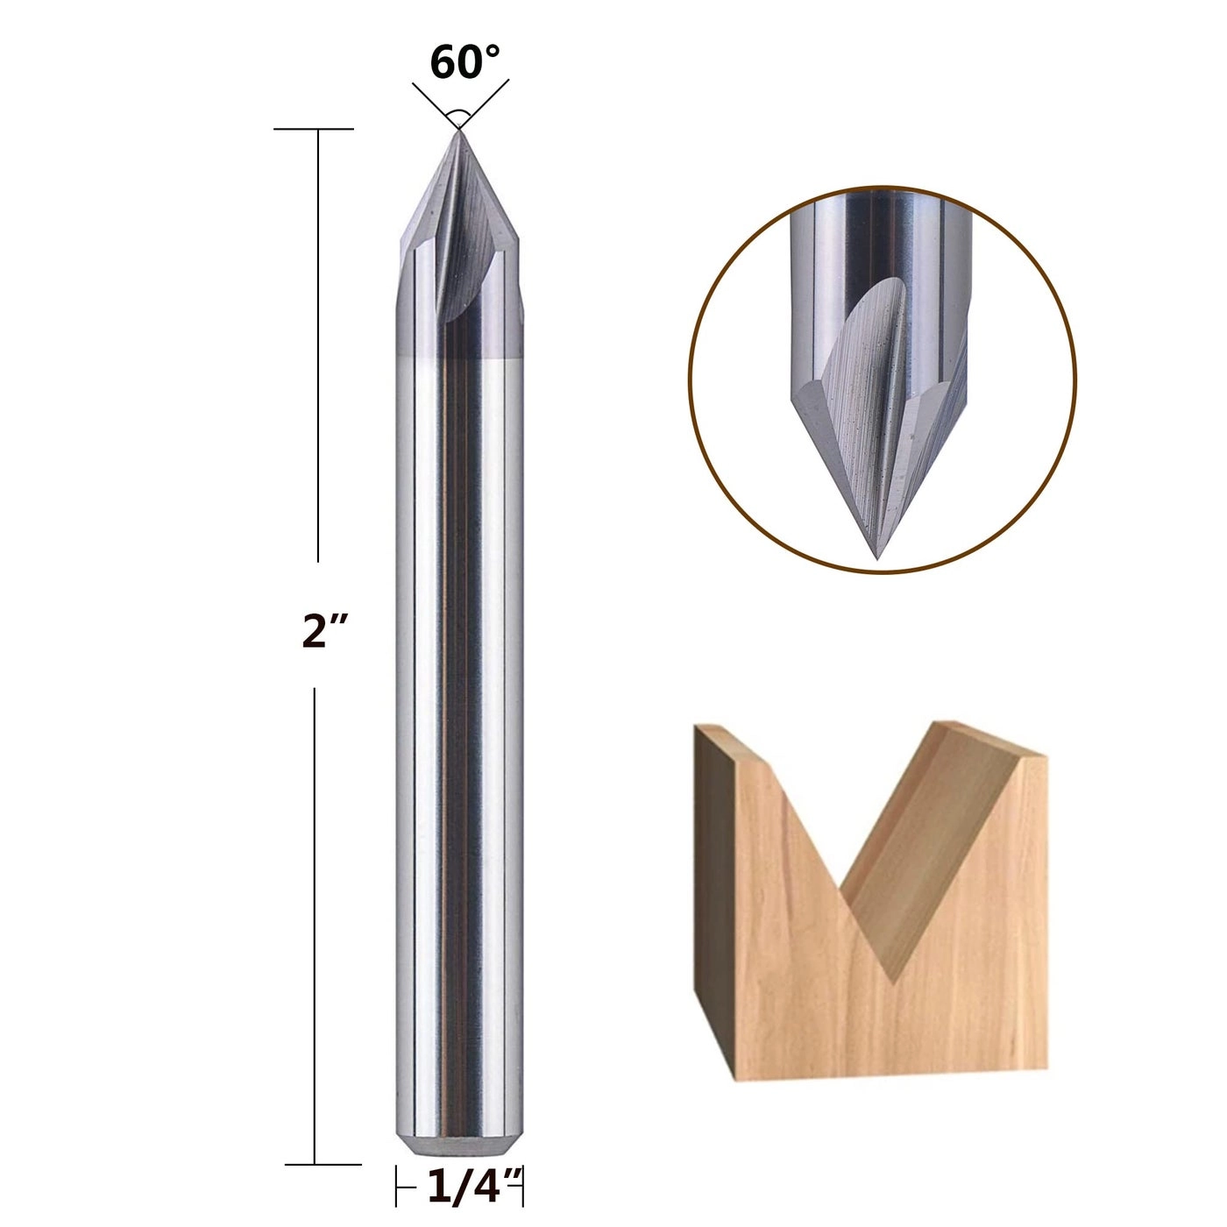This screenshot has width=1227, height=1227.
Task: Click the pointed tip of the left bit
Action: pos(457,131)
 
